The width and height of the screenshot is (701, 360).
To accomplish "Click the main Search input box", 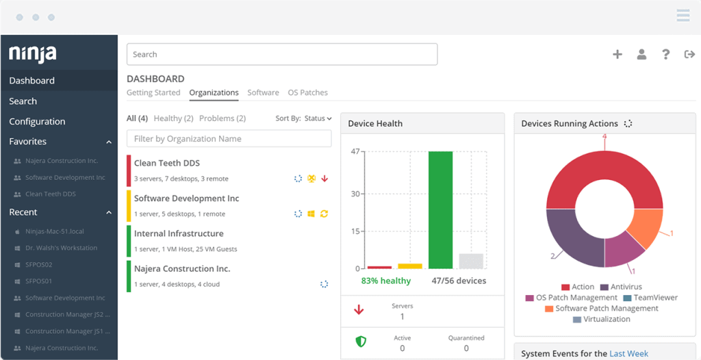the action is click(282, 54).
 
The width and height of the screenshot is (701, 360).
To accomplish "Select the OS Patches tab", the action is click(307, 92).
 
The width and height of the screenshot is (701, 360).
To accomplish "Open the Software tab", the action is click(264, 92).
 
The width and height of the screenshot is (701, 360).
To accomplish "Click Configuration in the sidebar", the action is click(37, 121).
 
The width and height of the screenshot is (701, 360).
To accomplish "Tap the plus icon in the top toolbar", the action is click(617, 55).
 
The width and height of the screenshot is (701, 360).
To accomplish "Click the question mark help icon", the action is click(665, 55).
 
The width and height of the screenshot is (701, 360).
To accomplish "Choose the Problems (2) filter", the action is click(222, 118).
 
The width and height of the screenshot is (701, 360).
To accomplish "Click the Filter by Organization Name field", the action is click(229, 139).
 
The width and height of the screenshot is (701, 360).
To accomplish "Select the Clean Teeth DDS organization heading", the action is click(167, 163).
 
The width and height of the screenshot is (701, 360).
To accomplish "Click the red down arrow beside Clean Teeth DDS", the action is click(324, 179).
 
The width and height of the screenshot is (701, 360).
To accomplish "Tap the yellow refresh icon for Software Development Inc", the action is click(324, 214).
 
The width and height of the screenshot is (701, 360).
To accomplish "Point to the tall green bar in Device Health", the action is click(441, 209).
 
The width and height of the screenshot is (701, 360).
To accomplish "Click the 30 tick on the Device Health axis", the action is click(355, 194).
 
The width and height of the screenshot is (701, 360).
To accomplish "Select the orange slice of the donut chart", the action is click(645, 229).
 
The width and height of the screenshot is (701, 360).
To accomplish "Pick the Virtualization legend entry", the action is click(602, 320).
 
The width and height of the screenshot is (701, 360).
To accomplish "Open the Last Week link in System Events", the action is click(629, 354).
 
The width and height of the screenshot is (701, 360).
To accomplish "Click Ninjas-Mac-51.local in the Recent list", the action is click(55, 231).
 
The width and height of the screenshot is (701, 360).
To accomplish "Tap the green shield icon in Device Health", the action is click(361, 342).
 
